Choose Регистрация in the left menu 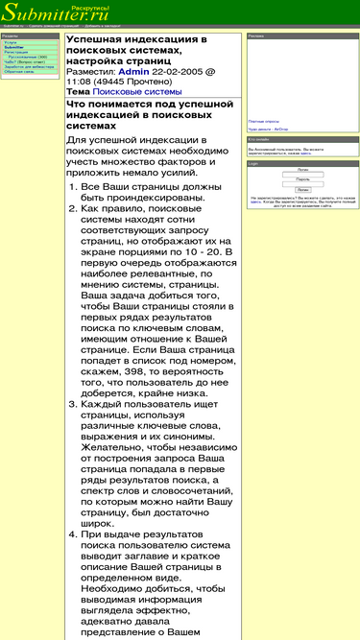pyautogui.click(x=16, y=52)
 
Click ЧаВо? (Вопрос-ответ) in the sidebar pyautogui.click(x=23, y=61)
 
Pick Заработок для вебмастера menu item pyautogui.click(x=26, y=66)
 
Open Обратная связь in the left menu pyautogui.click(x=19, y=71)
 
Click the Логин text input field pyautogui.click(x=302, y=173)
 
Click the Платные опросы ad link pyautogui.click(x=263, y=122)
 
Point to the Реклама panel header pyautogui.click(x=256, y=36)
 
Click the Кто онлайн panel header pyautogui.click(x=258, y=139)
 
